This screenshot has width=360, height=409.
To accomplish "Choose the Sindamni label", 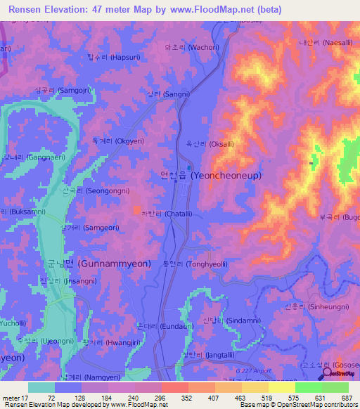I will [x=226, y=320].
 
